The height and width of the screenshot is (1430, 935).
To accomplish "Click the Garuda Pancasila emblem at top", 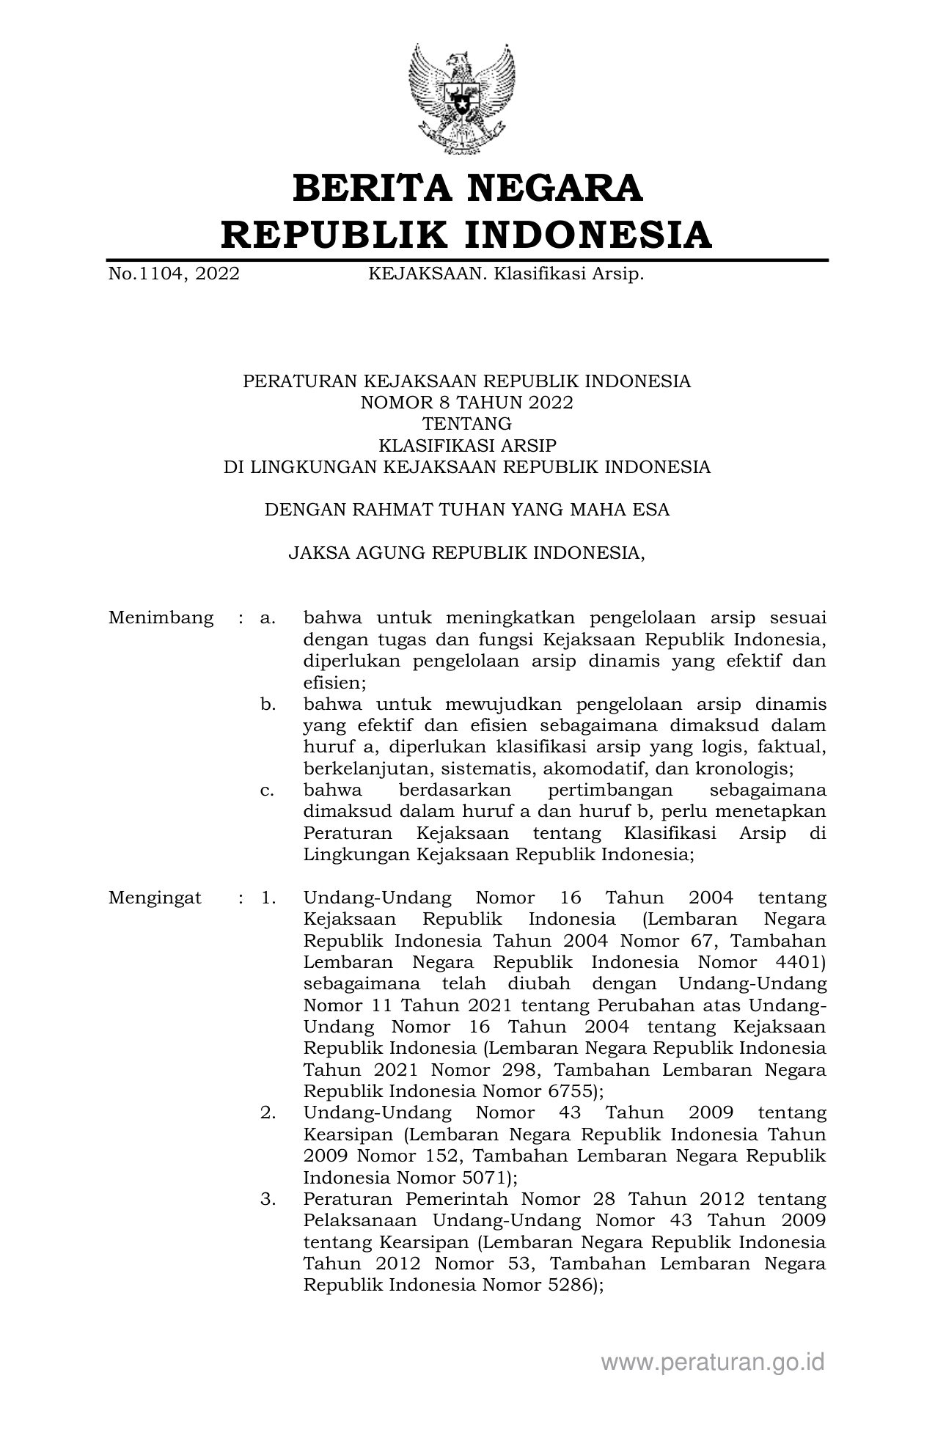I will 461,99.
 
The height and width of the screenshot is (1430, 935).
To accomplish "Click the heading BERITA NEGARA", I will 467,188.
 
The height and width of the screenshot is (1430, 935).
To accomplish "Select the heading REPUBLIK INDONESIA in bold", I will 467,235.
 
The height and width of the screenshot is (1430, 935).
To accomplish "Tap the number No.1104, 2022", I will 174,274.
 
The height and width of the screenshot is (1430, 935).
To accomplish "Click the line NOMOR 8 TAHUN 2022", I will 466,403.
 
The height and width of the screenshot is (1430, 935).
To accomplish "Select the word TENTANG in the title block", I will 466,424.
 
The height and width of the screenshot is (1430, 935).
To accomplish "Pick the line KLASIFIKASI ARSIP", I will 466,445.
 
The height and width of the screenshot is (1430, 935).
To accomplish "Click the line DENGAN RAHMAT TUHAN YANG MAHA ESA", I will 466,510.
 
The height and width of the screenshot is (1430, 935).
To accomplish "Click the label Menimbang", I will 161,617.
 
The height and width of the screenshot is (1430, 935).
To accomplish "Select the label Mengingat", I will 155,898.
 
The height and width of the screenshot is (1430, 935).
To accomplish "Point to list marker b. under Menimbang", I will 268,705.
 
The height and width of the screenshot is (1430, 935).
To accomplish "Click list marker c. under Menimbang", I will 268,791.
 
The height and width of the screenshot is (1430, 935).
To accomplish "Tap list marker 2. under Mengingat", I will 268,1113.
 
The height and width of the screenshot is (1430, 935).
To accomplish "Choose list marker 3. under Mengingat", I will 268,1200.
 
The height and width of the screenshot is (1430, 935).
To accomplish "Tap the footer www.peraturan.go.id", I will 713,1363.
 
